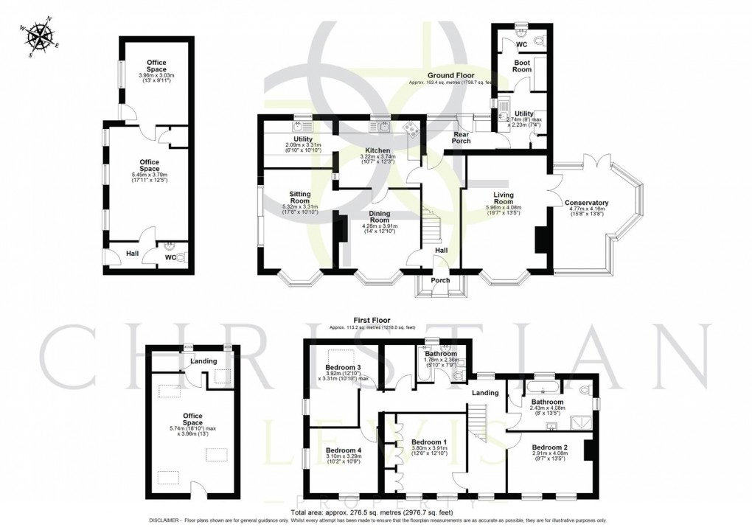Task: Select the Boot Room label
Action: tap(522, 66)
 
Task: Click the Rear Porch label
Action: tap(462, 136)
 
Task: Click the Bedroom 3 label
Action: tap(343, 368)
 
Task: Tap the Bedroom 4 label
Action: tap(343, 450)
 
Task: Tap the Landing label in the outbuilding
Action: tap(203, 361)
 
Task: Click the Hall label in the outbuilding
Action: tap(132, 254)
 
